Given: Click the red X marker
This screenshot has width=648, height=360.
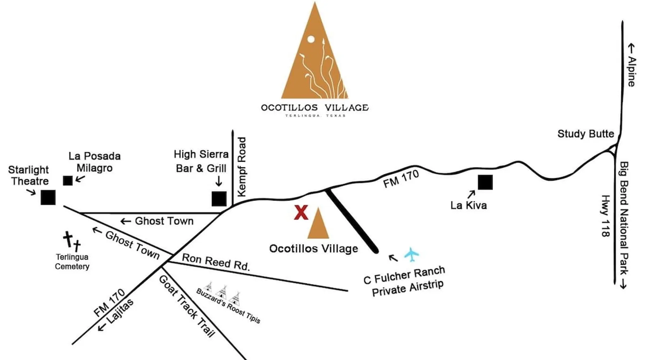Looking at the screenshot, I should pos(301,212).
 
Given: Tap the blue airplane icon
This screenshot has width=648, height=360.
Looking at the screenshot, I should pos(411,255).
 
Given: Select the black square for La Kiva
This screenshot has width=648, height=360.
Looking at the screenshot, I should pos(485,182).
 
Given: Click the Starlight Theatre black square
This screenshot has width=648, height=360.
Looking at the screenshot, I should pos(48,197).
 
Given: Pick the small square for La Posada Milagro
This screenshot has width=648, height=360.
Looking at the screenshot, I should pos(68,181).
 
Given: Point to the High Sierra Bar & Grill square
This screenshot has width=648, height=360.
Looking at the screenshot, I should pos(219,199).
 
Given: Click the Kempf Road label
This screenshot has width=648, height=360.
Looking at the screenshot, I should pos(242,167).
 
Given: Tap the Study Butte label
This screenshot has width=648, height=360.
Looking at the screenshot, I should pos(585,134).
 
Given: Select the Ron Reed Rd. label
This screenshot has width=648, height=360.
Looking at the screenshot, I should pos(216,262).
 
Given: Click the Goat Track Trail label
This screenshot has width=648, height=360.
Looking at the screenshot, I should pos(186,306).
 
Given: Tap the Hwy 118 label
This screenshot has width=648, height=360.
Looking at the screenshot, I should pos(606,216).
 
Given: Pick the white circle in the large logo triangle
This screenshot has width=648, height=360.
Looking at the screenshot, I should pos(311,39).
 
